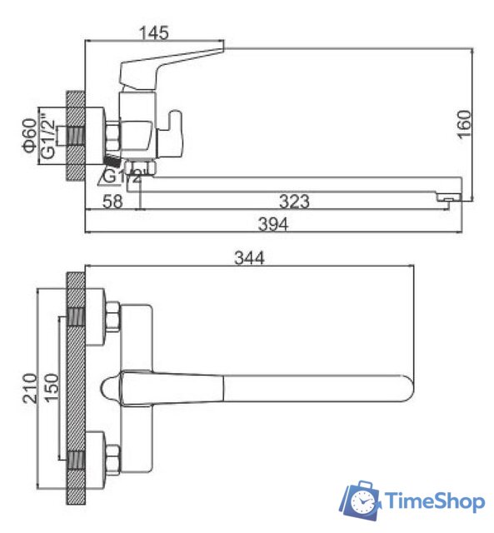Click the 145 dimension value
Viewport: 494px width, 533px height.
(x=154, y=33)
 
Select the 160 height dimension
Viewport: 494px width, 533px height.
(x=464, y=124)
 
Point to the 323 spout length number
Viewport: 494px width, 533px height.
(x=294, y=201)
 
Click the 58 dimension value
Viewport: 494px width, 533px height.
(x=113, y=201)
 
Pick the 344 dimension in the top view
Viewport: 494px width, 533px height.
(x=249, y=258)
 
